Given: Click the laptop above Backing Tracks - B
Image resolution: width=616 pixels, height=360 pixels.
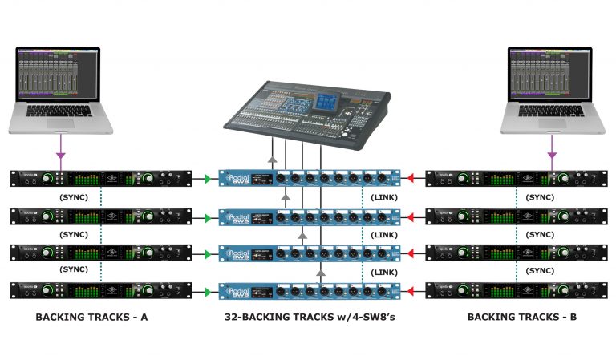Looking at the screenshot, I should click(552, 88).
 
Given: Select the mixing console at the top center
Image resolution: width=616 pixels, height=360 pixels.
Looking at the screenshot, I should click(309, 111).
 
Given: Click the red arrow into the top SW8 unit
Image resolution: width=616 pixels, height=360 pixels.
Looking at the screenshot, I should click(410, 179).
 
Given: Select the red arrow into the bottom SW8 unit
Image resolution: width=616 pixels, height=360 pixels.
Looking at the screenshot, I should click(410, 290).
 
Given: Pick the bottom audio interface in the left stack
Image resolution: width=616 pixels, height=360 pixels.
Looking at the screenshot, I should click(101, 290).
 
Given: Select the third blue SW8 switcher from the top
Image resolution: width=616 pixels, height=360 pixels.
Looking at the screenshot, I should click(309, 253).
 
